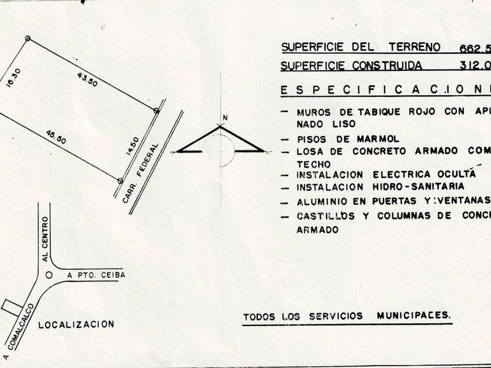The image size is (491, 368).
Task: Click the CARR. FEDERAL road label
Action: pyautogui.click(x=141, y=173)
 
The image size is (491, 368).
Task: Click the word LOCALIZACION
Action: pyautogui.click(x=76, y=324)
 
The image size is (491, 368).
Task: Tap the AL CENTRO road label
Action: pyautogui.click(x=45, y=238)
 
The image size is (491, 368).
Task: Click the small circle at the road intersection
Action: pyautogui.click(x=49, y=274)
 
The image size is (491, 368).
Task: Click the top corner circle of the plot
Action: pyautogui.click(x=27, y=39)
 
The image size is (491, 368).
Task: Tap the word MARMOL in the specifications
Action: pyautogui.click(x=378, y=139)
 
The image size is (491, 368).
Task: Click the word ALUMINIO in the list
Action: pyautogui.click(x=319, y=203)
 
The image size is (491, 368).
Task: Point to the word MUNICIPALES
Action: pyautogui.click(x=413, y=315)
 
